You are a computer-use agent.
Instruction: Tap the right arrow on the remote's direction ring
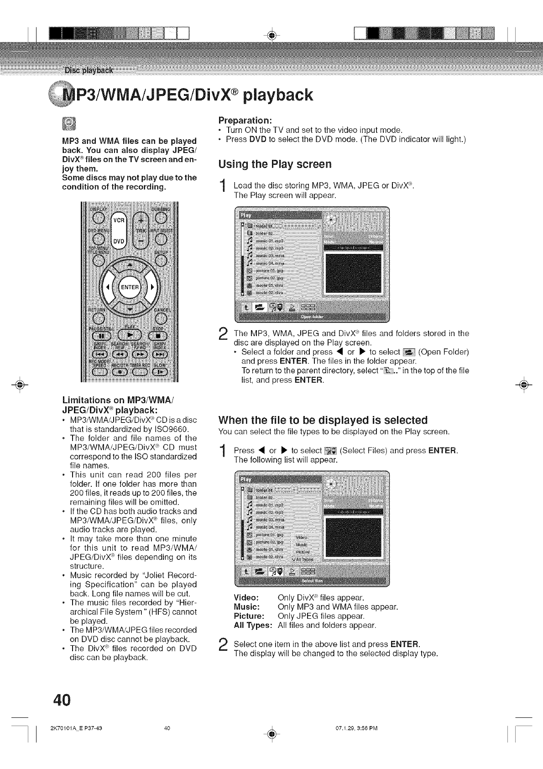click(152, 287)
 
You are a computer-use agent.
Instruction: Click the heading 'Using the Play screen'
click(268, 164)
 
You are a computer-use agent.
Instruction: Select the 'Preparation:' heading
click(245, 121)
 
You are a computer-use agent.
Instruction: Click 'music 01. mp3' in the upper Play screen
click(269, 241)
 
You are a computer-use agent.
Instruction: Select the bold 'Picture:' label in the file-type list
click(247, 616)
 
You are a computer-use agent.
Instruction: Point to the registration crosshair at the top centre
click(271, 35)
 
